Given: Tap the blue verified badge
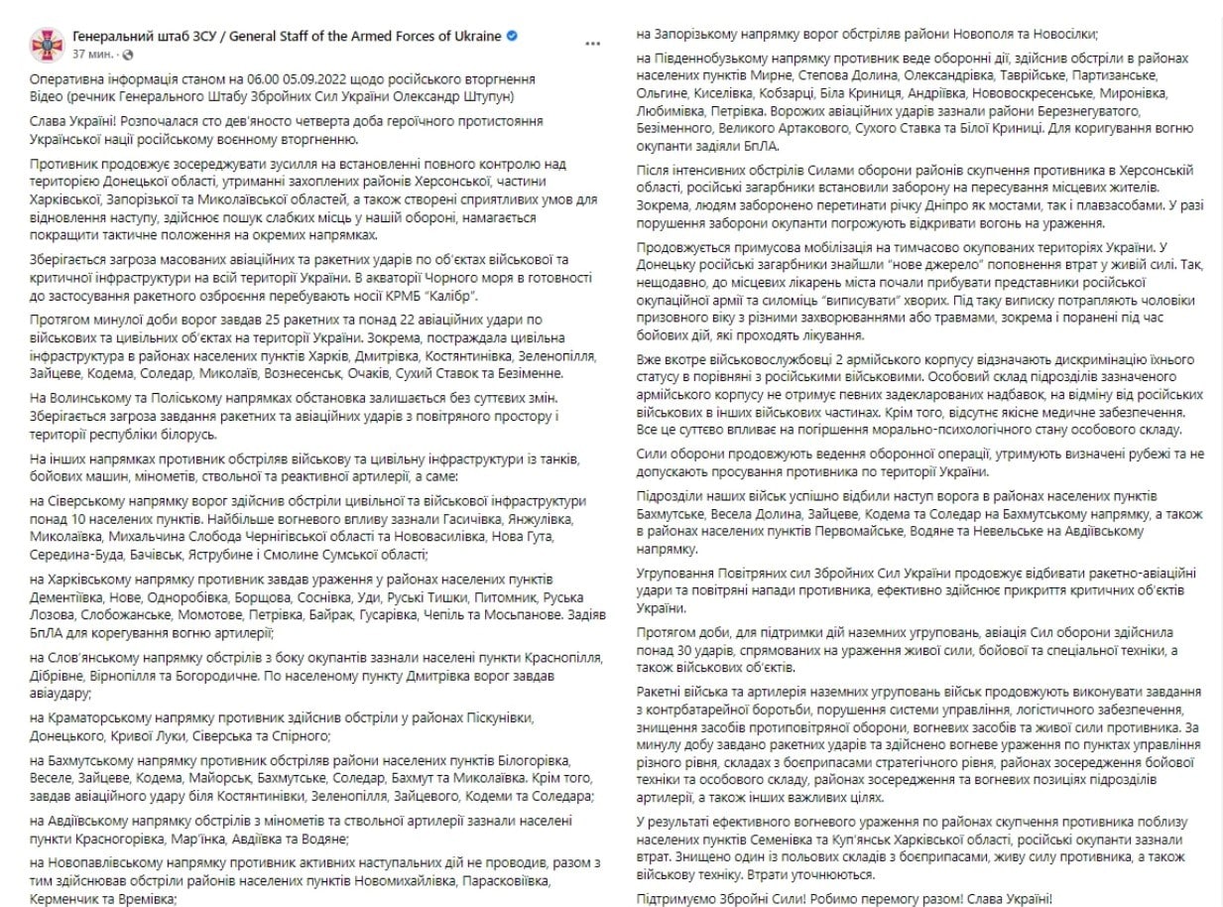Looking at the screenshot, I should tap(512, 36).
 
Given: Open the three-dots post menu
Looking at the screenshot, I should tap(592, 45).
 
